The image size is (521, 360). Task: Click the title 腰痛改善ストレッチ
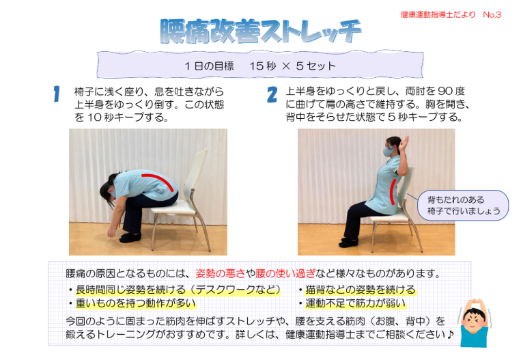coord(261,31)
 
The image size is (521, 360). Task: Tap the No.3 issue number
coord(492,14)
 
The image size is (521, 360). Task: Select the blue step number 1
coord(57,94)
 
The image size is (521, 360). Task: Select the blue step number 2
coord(272,94)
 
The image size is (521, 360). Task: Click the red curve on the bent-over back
coord(160,180)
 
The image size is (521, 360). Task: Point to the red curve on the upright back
coord(393,192)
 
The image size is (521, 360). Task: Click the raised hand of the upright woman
coord(404,143)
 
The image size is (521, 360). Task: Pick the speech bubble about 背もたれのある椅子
coord(463,205)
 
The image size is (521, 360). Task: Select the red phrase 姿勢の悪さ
coord(221,273)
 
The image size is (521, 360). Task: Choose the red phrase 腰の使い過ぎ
coord(285,273)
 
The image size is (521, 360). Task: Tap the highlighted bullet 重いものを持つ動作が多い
coord(136,303)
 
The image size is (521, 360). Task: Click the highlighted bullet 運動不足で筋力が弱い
coord(355,303)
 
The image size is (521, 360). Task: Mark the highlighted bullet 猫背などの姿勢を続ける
coord(360,290)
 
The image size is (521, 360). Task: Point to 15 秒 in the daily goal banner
coord(263,66)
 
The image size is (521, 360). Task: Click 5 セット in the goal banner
coord(315,66)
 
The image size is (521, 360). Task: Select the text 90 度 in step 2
coord(451,91)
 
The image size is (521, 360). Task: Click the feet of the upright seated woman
coord(348,243)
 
